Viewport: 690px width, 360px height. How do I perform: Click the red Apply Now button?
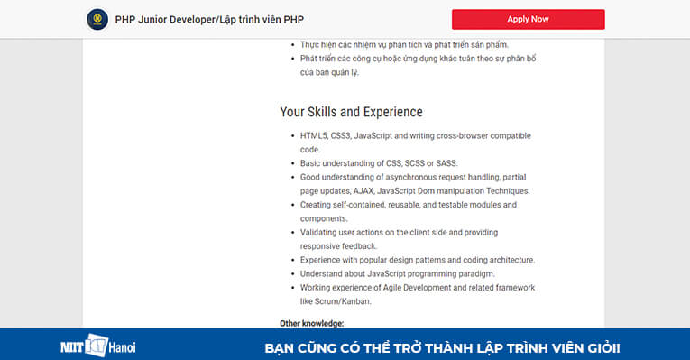[528, 19]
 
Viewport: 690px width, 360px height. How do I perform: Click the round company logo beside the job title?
[96, 19]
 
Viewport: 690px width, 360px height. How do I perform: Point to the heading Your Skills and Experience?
[351, 113]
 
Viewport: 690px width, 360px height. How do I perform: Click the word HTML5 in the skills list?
[314, 135]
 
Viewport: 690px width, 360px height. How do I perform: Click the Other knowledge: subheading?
[311, 323]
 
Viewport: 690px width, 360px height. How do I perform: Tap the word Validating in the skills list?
[319, 233]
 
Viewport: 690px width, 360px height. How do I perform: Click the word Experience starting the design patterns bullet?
[322, 260]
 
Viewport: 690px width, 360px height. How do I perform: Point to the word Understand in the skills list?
[322, 273]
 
